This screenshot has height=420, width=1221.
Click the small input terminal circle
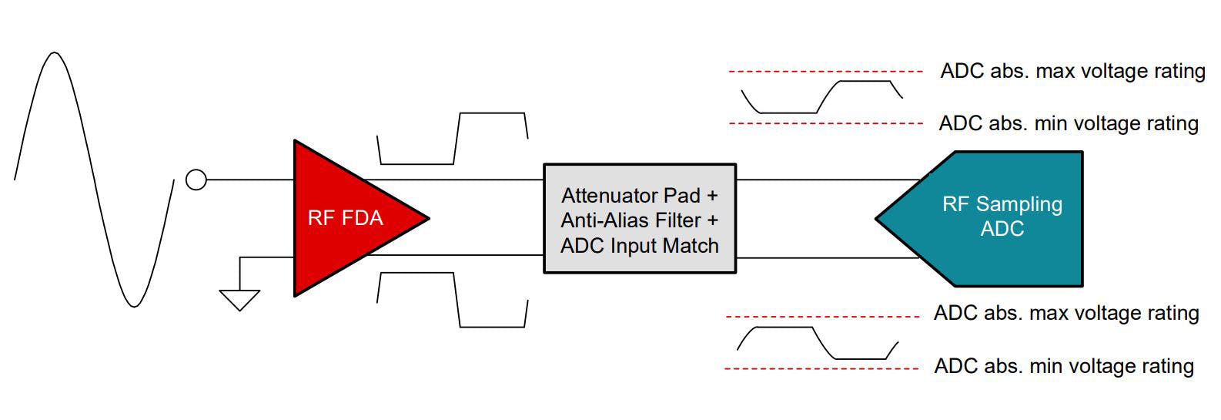point(196,180)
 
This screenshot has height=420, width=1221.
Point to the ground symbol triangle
point(239,299)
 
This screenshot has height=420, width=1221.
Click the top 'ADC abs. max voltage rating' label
point(1072,72)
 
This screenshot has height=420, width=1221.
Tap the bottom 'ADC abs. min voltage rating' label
point(1063,366)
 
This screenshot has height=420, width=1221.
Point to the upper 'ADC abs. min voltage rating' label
point(1069,123)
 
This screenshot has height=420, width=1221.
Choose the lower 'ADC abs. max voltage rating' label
point(1066,314)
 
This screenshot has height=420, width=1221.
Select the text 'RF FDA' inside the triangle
point(345,218)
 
